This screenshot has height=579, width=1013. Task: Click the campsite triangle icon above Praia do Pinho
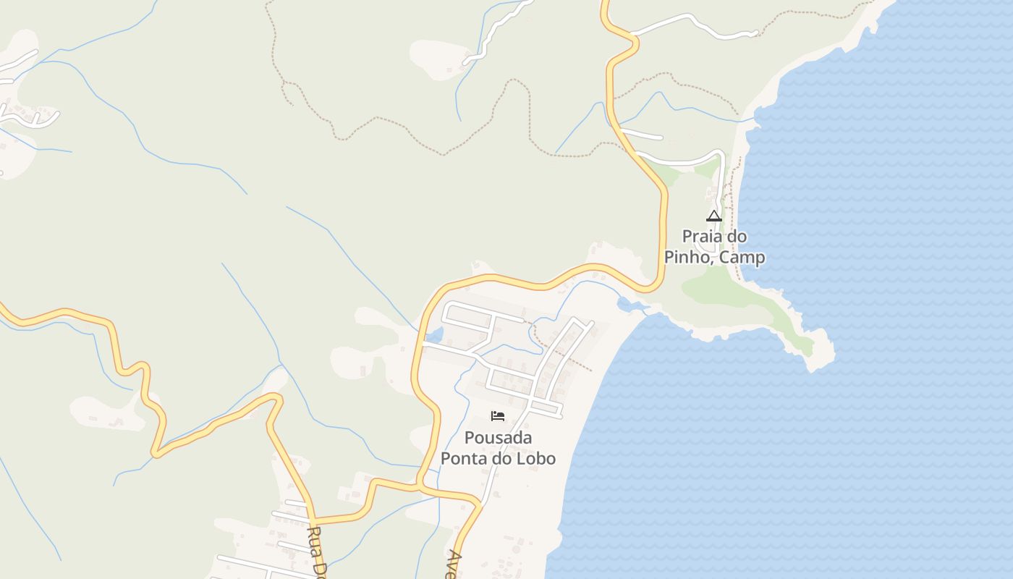[x=714, y=216]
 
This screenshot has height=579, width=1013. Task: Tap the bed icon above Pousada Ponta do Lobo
[x=498, y=415]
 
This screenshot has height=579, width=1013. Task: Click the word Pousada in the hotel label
[x=498, y=438]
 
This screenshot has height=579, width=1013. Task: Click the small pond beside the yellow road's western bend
[x=434, y=335]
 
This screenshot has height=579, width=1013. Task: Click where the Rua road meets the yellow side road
[x=315, y=520]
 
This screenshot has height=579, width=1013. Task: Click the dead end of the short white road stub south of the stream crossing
[x=661, y=137]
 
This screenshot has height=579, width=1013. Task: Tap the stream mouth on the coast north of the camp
[x=753, y=120]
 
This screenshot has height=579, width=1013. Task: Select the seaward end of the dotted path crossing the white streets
[x=591, y=371]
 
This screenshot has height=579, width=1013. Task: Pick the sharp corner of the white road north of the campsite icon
[x=721, y=153]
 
